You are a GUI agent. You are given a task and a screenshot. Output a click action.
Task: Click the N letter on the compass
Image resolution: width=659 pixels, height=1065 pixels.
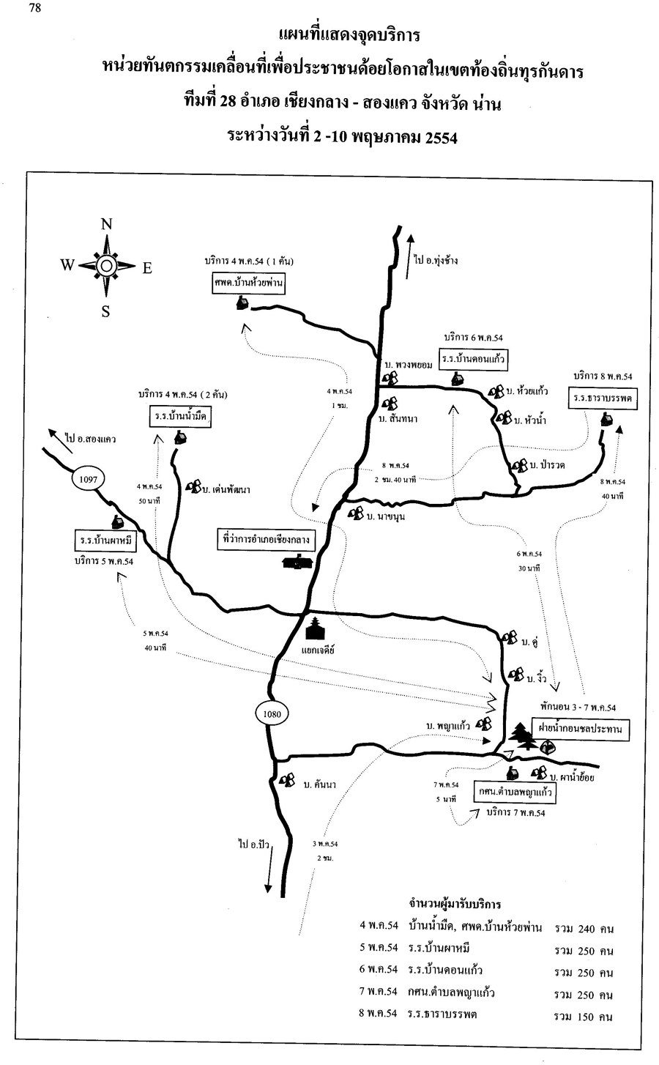(105, 225)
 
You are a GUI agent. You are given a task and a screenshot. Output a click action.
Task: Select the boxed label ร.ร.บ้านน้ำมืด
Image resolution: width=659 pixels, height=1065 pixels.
(179, 416)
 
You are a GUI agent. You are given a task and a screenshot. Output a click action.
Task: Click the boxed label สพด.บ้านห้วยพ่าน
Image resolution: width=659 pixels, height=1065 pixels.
(249, 283)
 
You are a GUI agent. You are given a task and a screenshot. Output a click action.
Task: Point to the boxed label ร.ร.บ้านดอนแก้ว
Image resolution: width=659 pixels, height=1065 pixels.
(474, 359)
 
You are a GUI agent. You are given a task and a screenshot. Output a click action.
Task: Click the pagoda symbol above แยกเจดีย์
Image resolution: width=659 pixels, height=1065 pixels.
(316, 628)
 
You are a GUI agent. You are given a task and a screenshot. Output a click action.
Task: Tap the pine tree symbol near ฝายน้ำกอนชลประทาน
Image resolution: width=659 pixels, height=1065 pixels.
(521, 736)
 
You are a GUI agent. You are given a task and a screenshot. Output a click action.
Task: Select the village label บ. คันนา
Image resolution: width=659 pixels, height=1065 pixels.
(319, 784)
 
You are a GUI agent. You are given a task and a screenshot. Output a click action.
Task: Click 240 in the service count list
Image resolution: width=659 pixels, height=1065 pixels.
(588, 929)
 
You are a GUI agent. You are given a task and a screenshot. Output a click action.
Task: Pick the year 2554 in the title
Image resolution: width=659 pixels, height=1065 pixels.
(437, 138)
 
